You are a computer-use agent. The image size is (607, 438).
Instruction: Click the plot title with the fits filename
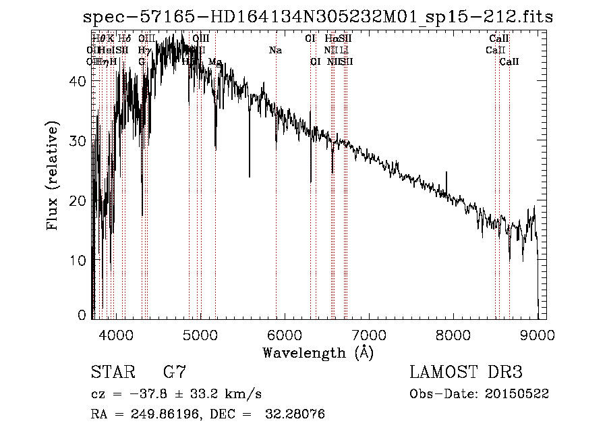315,18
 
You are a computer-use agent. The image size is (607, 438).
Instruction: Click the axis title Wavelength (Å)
318,352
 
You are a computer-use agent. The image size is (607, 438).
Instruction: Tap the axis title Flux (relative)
53,175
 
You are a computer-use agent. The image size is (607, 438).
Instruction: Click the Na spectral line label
275,51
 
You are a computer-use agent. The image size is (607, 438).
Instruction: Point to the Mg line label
214,62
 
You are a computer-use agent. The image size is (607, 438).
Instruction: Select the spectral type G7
175,372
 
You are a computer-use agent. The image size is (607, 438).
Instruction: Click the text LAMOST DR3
466,373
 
